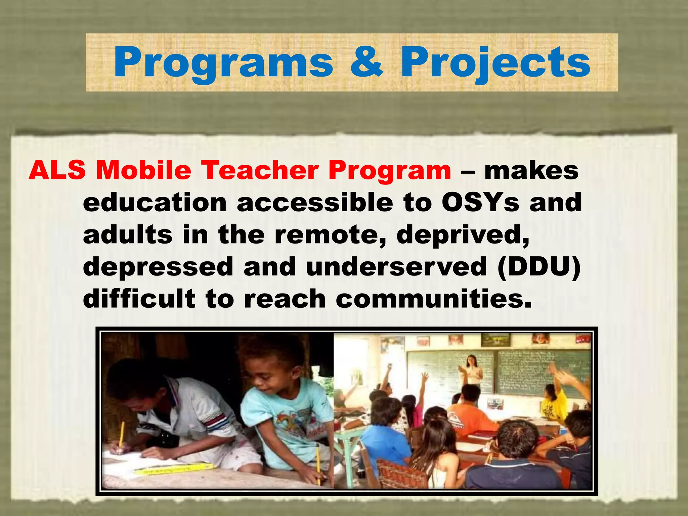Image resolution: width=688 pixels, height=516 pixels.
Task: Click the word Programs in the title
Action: tap(223, 63)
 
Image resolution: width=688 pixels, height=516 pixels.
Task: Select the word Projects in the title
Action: tap(496, 63)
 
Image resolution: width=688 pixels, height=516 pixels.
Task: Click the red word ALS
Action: tap(57, 170)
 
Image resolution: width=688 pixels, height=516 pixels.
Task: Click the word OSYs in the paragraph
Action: tap(480, 203)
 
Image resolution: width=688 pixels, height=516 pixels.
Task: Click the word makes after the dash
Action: tap(531, 170)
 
